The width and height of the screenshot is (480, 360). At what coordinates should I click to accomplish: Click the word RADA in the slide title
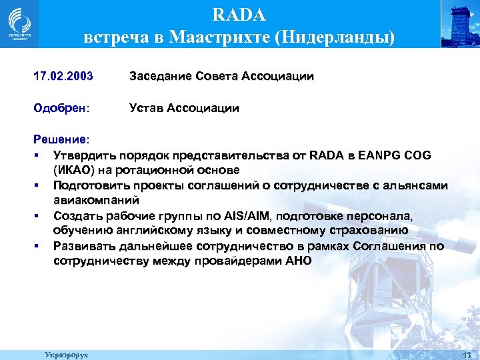239,14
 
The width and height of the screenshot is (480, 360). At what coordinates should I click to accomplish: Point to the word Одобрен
59,108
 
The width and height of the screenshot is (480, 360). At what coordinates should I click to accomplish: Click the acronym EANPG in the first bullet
379,155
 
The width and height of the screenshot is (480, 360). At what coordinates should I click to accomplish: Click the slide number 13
466,355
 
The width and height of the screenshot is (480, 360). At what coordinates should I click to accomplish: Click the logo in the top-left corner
19,23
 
